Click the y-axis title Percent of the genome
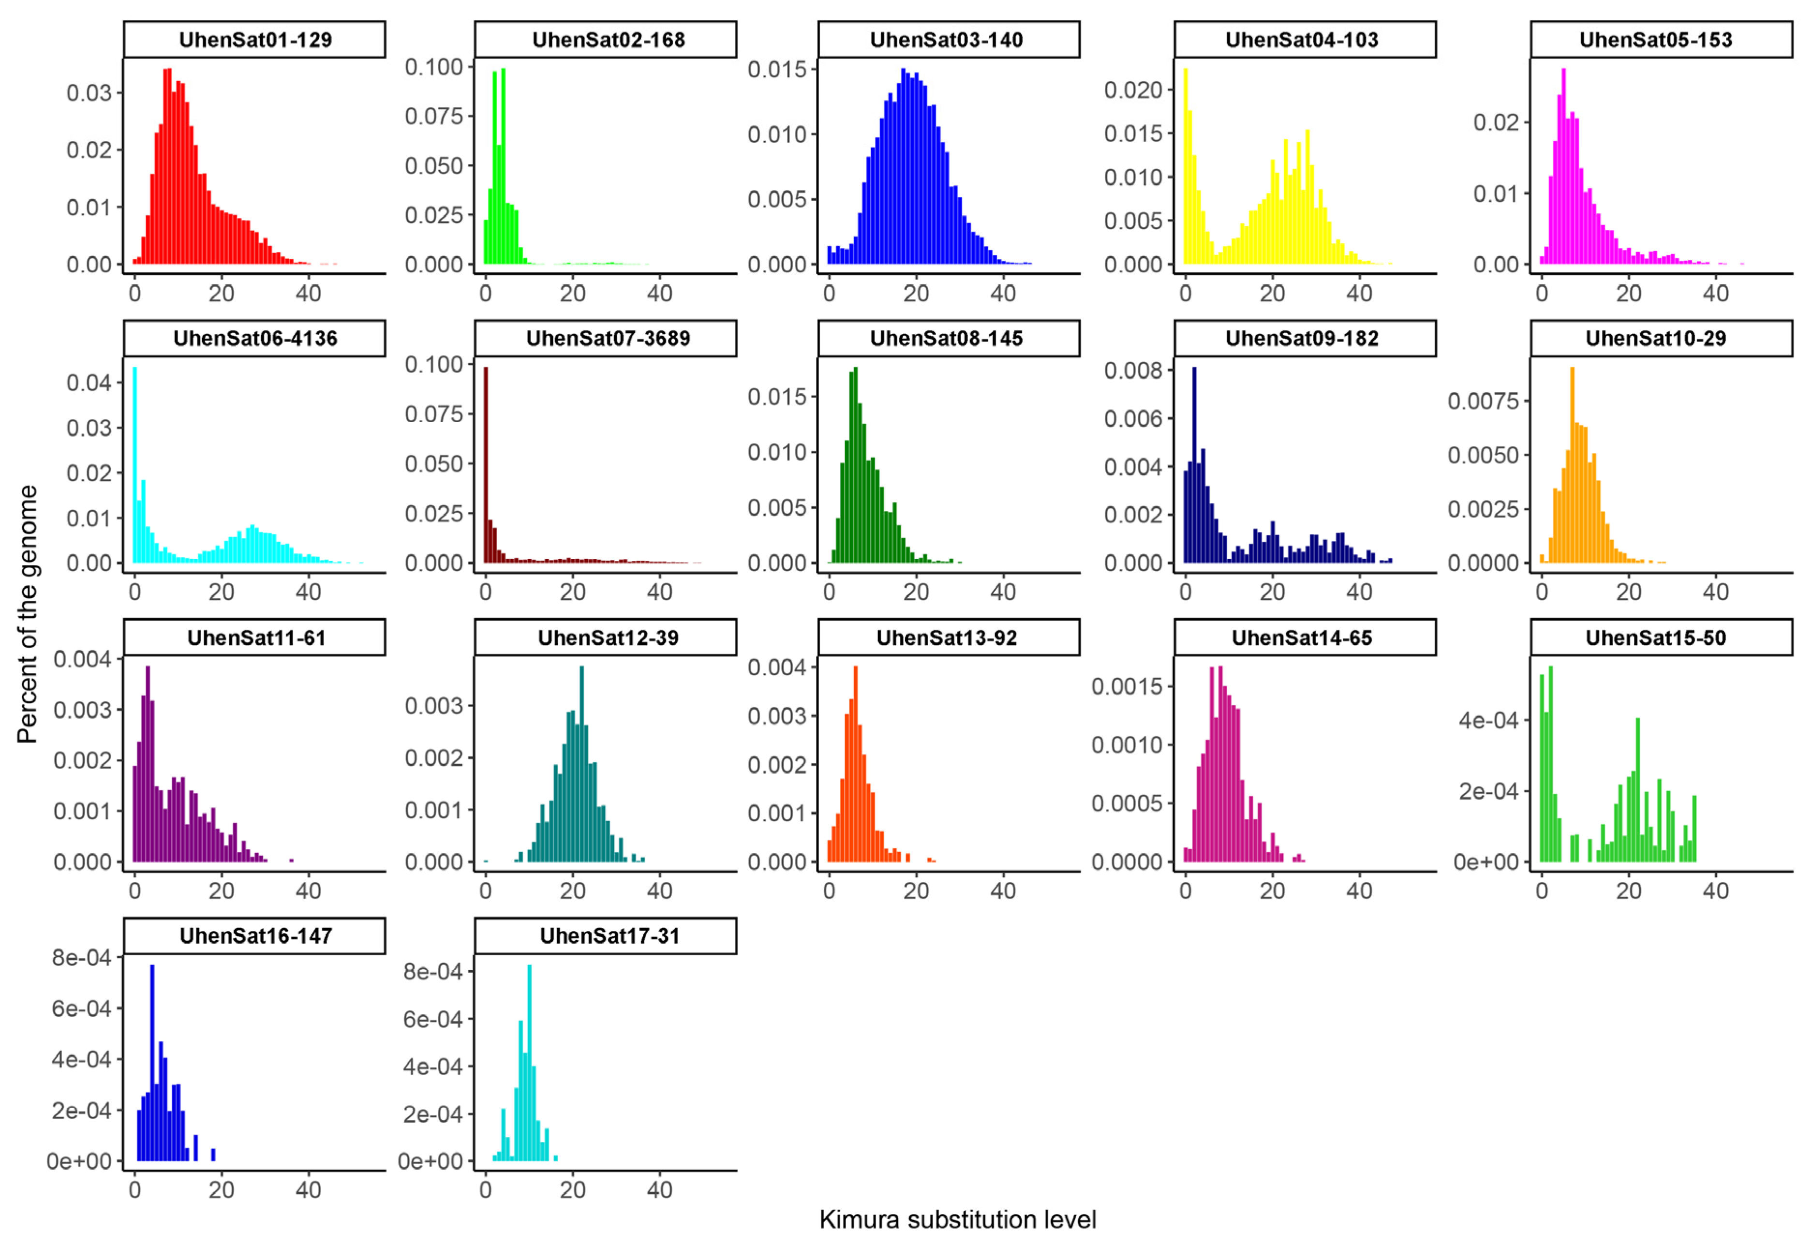click(27, 614)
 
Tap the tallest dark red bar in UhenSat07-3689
click(486, 464)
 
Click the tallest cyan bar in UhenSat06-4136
click(134, 464)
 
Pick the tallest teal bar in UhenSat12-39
click(581, 764)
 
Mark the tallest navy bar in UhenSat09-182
click(1194, 464)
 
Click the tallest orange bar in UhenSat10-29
click(1573, 464)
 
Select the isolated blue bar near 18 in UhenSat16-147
click(213, 1156)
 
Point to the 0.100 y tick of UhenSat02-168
click(434, 67)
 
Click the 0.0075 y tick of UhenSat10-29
click(1484, 401)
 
